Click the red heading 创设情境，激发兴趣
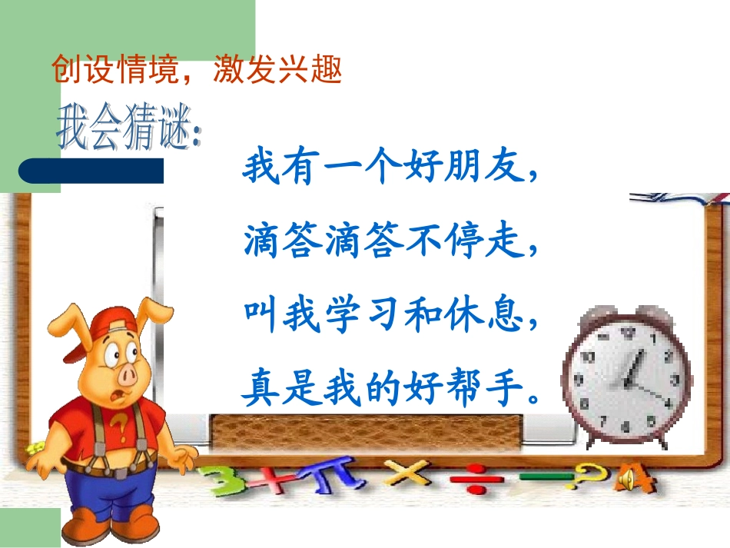[x=195, y=71]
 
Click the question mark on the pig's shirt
[x=119, y=424]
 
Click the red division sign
[x=470, y=479]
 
